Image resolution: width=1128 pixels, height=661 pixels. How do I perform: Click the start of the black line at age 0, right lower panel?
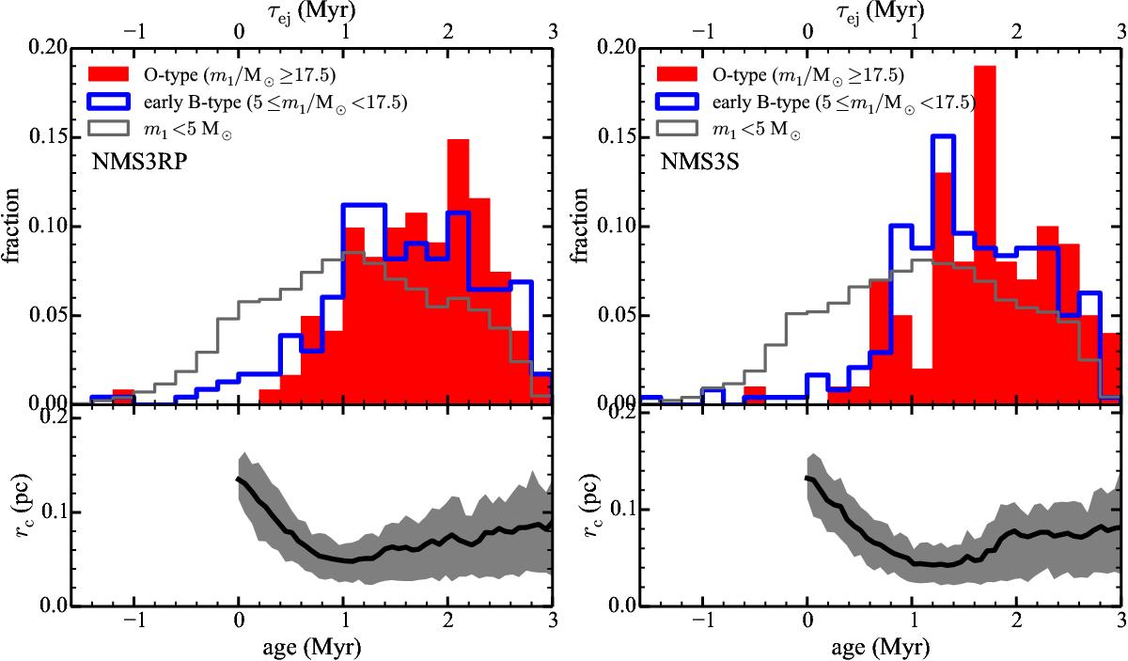coord(807,478)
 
